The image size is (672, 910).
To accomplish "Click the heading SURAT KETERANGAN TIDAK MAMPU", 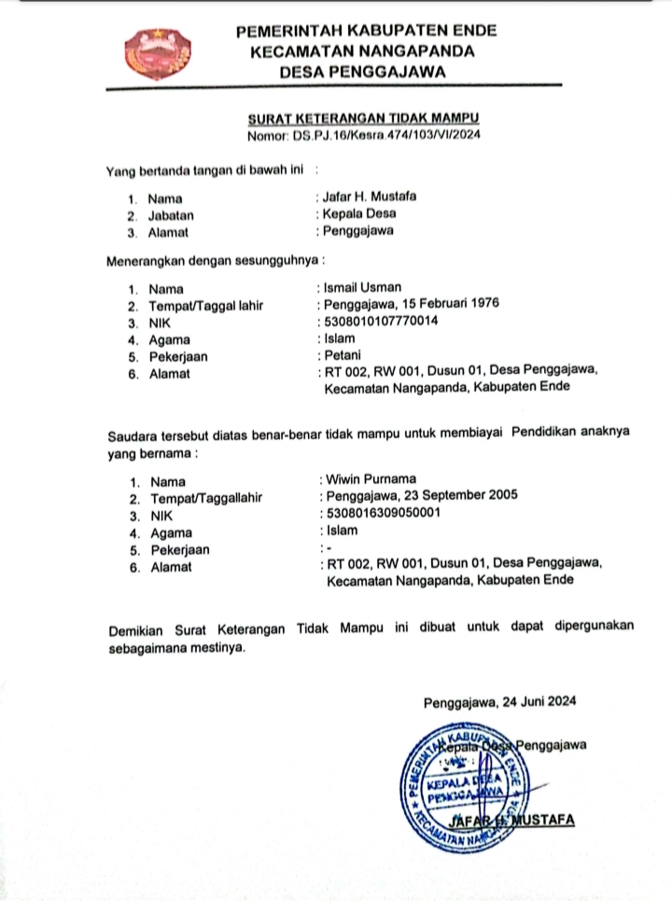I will (x=363, y=119).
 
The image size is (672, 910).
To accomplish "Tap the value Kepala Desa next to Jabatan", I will (x=359, y=214).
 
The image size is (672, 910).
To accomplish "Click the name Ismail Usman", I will (x=362, y=287).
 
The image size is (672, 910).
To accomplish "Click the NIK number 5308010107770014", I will (x=381, y=322).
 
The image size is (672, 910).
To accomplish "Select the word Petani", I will (x=342, y=356).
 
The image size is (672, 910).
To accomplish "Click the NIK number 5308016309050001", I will (x=383, y=514).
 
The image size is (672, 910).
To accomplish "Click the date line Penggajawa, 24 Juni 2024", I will (x=500, y=703).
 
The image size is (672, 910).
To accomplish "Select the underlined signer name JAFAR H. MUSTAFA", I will (x=511, y=821).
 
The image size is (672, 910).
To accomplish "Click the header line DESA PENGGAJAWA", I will (x=365, y=71).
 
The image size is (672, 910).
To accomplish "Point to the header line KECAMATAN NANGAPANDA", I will (x=363, y=50).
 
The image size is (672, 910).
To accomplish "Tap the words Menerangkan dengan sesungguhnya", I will (x=214, y=258).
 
